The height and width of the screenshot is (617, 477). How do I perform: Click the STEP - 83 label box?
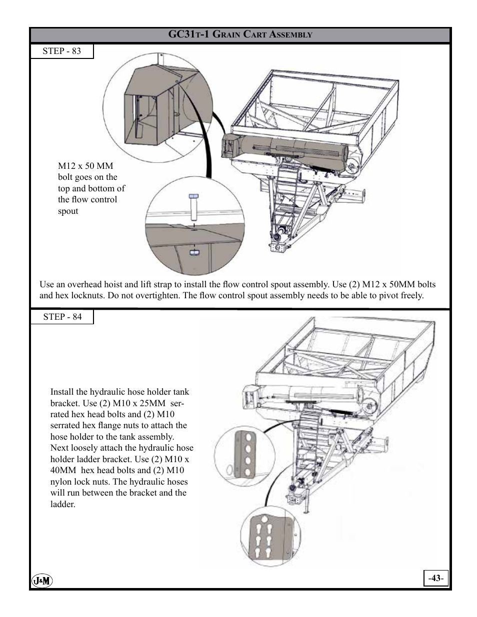click(x=61, y=51)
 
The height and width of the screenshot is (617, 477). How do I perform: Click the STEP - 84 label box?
click(x=62, y=317)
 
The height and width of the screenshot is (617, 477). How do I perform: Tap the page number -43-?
click(x=435, y=578)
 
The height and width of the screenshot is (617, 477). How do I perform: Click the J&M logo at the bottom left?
click(x=42, y=581)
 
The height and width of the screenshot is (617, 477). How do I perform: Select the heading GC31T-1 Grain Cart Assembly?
click(x=240, y=34)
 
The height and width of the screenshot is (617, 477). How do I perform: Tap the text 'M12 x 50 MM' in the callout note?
click(x=85, y=166)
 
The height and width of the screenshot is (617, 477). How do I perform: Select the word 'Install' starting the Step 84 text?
click(x=62, y=392)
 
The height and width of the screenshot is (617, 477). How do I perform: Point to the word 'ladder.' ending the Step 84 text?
click(x=62, y=504)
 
